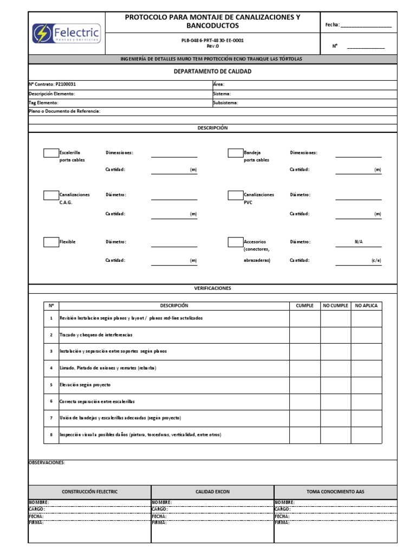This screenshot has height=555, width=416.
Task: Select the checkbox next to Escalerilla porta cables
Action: coord(51,153)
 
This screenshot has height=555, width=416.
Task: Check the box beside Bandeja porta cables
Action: coord(235,153)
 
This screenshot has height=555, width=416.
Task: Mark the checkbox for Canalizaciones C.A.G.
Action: coord(51,195)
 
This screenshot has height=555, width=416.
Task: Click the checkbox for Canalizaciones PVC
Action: coord(235,195)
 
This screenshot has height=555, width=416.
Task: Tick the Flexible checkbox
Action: coord(51,242)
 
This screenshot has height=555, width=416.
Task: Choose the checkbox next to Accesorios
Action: coord(235,242)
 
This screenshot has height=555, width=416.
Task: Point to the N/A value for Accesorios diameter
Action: coord(359,242)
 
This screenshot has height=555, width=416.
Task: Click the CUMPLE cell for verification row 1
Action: coord(304,318)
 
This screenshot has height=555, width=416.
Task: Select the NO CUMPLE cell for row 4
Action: coord(335,368)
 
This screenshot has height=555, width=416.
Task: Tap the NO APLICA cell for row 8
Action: coord(366,435)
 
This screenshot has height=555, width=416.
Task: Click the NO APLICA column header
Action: coord(366,306)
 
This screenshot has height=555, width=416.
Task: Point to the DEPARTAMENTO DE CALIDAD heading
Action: coord(212,72)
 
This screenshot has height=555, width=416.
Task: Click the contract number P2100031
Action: coord(70,85)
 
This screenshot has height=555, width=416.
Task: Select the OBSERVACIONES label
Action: coord(47,462)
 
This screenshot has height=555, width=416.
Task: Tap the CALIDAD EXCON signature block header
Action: coord(212,492)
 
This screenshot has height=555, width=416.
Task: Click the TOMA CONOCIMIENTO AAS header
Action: coord(335,492)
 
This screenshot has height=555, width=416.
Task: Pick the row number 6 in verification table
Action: coord(51,401)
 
